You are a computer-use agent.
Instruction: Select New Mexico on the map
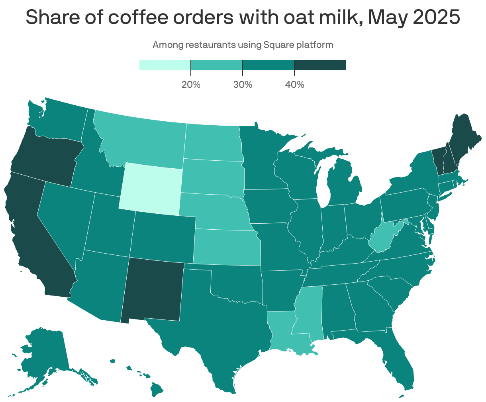pyautogui.click(x=153, y=290)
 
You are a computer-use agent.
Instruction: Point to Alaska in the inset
pyautogui.click(x=44, y=351)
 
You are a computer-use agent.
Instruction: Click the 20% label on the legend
pyautogui.click(x=191, y=85)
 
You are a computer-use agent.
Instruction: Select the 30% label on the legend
pyautogui.click(x=243, y=85)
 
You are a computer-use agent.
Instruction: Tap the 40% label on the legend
pyautogui.click(x=294, y=85)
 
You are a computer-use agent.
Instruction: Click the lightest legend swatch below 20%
pyautogui.click(x=165, y=65)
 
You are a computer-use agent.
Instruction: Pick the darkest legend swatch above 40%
pyautogui.click(x=320, y=65)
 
